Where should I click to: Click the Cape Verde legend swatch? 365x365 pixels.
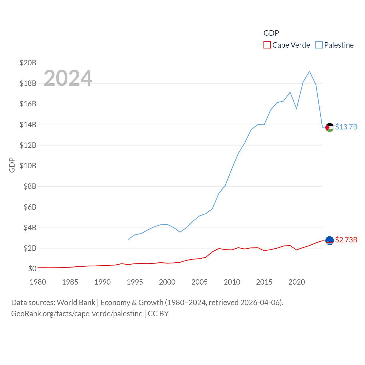point(267,45)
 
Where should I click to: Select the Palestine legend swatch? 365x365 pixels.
point(319,45)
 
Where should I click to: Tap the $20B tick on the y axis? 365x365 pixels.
point(28,63)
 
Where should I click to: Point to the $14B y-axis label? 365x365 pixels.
point(28,125)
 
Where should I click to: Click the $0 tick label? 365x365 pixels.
point(32,269)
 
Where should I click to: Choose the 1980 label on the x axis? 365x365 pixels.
point(38,282)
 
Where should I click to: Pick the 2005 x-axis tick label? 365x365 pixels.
point(200,282)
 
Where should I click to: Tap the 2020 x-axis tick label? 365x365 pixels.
point(297,282)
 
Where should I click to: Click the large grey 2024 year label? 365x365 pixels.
point(68,78)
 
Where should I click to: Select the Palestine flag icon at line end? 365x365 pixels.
point(330,127)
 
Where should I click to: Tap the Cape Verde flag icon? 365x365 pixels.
point(330,240)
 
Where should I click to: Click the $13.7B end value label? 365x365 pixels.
point(346,127)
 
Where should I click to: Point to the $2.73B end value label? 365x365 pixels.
point(346,240)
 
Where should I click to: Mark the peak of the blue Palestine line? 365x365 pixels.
point(309,71)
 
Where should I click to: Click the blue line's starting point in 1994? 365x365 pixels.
point(128,239)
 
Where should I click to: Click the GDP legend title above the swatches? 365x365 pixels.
point(271,33)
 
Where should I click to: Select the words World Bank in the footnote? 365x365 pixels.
point(76,302)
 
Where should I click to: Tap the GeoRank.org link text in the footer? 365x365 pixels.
point(77,314)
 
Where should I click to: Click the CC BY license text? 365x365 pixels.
point(158,314)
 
